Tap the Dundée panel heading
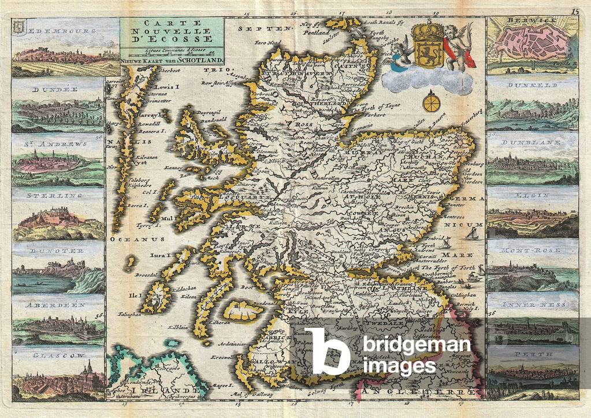click(55, 90)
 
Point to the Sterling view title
click(57, 196)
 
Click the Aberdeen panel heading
click(57, 304)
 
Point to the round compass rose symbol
click(430, 103)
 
